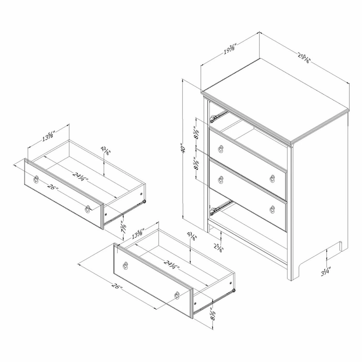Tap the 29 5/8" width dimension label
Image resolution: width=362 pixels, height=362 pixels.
pos(304,58)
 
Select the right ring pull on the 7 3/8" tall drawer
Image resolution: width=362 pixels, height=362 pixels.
pos(88,209)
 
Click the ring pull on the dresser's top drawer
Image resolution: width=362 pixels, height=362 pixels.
pos(221,149)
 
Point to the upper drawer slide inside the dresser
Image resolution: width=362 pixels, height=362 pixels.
pos(219,116)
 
